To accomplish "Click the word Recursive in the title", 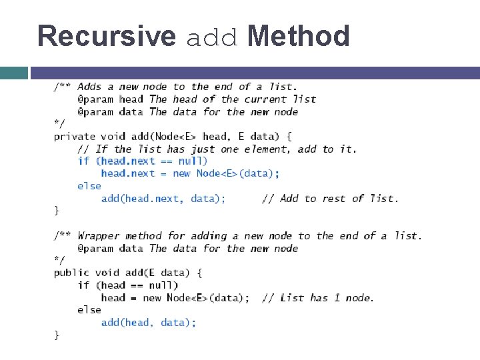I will [107, 36].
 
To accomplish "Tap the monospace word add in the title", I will [211, 37].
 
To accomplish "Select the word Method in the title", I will [298, 36].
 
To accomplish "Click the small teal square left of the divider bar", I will [14, 73].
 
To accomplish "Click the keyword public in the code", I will [71, 273].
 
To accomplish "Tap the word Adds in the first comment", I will [90, 87].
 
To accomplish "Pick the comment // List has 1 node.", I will [318, 297].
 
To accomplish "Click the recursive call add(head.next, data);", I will [163, 199].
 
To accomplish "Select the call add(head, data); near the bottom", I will [149, 323].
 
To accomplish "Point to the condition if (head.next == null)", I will [143, 161].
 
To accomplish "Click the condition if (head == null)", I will [128, 285].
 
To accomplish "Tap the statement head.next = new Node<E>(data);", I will [190, 173].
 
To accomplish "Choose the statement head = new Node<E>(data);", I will [175, 297].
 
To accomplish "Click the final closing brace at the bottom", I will [57, 335].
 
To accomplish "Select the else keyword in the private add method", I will [89, 186].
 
